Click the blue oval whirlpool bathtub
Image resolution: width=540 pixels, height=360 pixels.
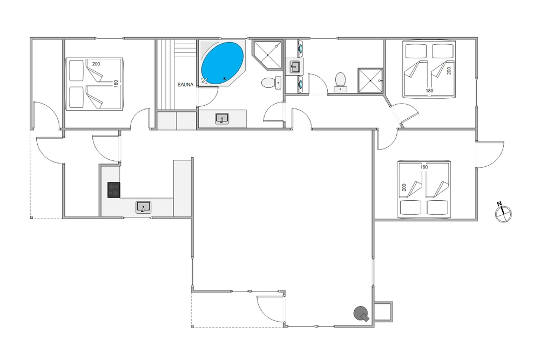click(222, 63)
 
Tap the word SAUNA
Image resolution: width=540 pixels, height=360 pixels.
click(185, 85)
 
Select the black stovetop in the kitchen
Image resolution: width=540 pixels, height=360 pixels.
click(113, 190)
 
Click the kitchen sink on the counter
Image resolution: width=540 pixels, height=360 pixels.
click(143, 207)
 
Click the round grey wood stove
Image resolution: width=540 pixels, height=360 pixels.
click(361, 314)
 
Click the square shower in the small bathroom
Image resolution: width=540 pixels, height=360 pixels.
click(370, 80)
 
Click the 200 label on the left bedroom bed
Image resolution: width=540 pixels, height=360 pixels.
click(96, 64)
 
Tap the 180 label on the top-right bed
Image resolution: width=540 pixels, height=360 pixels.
click(429, 91)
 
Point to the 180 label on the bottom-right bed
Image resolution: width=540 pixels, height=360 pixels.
click(424, 167)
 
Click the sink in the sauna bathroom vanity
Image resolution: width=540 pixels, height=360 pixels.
click(222, 119)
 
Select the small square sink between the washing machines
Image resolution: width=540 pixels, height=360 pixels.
click(295, 66)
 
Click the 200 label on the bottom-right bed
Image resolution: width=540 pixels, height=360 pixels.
click(404, 188)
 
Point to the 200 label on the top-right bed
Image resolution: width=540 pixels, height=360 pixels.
click(449, 71)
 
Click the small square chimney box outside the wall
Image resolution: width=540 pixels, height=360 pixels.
click(383, 312)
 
